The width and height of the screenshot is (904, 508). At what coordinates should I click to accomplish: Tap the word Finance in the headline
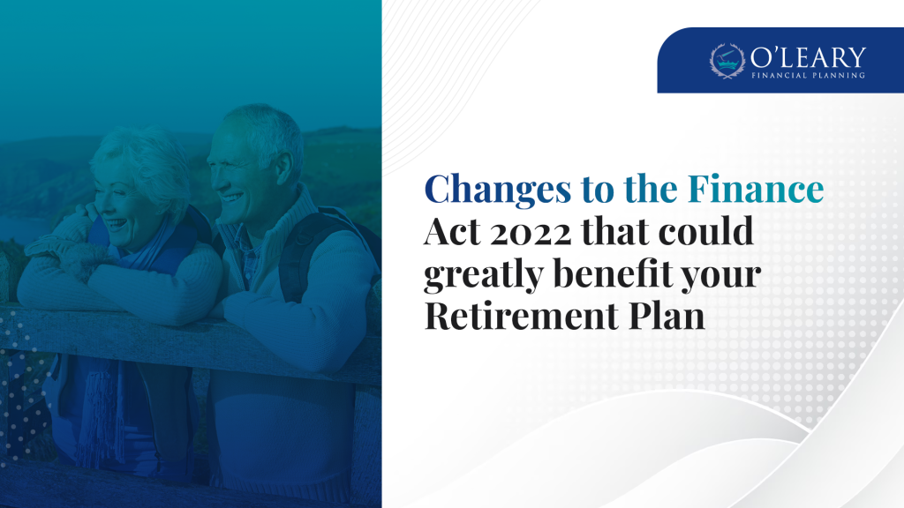[x=756, y=189]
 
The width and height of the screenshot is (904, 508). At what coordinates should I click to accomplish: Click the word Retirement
[x=521, y=316]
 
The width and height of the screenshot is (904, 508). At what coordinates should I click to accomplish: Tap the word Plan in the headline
[x=667, y=316]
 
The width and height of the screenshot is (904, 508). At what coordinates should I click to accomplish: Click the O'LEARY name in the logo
[x=808, y=57]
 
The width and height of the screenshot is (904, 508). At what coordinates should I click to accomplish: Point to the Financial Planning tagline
[x=808, y=76]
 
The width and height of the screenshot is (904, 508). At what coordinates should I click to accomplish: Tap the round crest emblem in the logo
[x=727, y=61]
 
